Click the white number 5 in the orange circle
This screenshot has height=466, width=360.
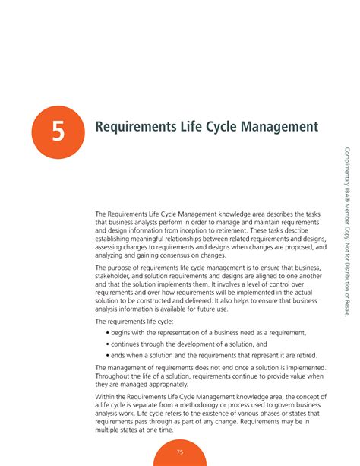click(x=57, y=133)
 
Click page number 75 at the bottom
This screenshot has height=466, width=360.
click(x=180, y=452)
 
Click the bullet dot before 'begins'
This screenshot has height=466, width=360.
click(x=106, y=333)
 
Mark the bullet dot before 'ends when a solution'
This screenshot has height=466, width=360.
click(x=106, y=356)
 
